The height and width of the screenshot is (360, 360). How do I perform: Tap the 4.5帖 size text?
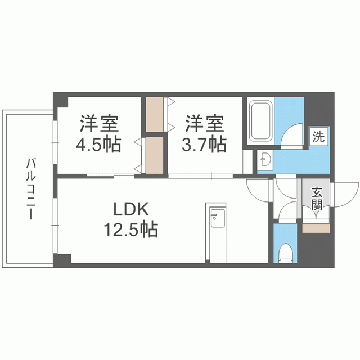[98, 145]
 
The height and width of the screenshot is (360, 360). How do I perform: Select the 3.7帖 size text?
[204, 145]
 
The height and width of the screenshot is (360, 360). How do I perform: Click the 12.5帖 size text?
[130, 230]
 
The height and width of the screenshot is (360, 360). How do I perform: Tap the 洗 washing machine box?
[318, 136]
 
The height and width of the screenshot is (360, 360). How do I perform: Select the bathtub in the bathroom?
[261, 121]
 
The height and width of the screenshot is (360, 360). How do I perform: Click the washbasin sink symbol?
[265, 161]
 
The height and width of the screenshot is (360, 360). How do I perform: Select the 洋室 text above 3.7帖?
[204, 122]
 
